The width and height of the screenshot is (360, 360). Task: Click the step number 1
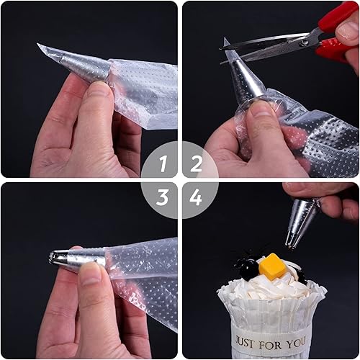coord(163,163)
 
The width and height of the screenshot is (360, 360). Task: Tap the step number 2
coord(196,163)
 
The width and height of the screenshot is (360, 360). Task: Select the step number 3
coord(162,197)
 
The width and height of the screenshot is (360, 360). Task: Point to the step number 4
coord(195,197)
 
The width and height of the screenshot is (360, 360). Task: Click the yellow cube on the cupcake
coord(272,266)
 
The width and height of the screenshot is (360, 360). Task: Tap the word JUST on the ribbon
coord(244,342)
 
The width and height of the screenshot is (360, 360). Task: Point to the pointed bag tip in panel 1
coord(38,44)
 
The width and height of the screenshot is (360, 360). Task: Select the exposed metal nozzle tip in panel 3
coord(58,257)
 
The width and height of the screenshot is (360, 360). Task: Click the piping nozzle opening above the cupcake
coord(291,246)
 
